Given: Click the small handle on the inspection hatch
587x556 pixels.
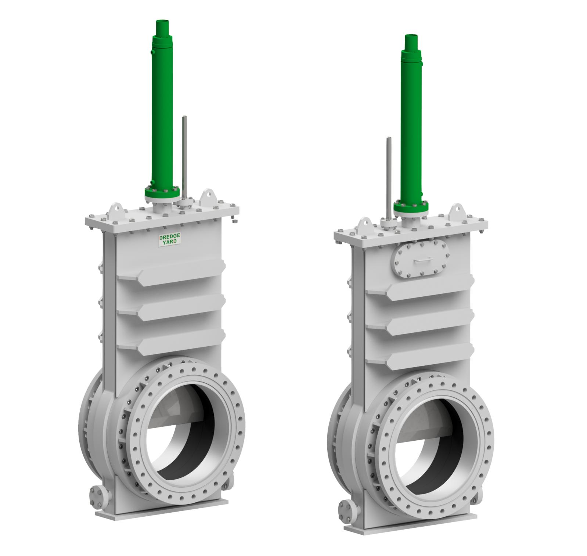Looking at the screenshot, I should point(422,260).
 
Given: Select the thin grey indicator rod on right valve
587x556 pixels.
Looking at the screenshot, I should point(389,176).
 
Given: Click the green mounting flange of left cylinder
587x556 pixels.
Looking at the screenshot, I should point(162,192).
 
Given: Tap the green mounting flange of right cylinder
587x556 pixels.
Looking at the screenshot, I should point(411,207).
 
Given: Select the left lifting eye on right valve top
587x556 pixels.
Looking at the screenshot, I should point(365,223).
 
